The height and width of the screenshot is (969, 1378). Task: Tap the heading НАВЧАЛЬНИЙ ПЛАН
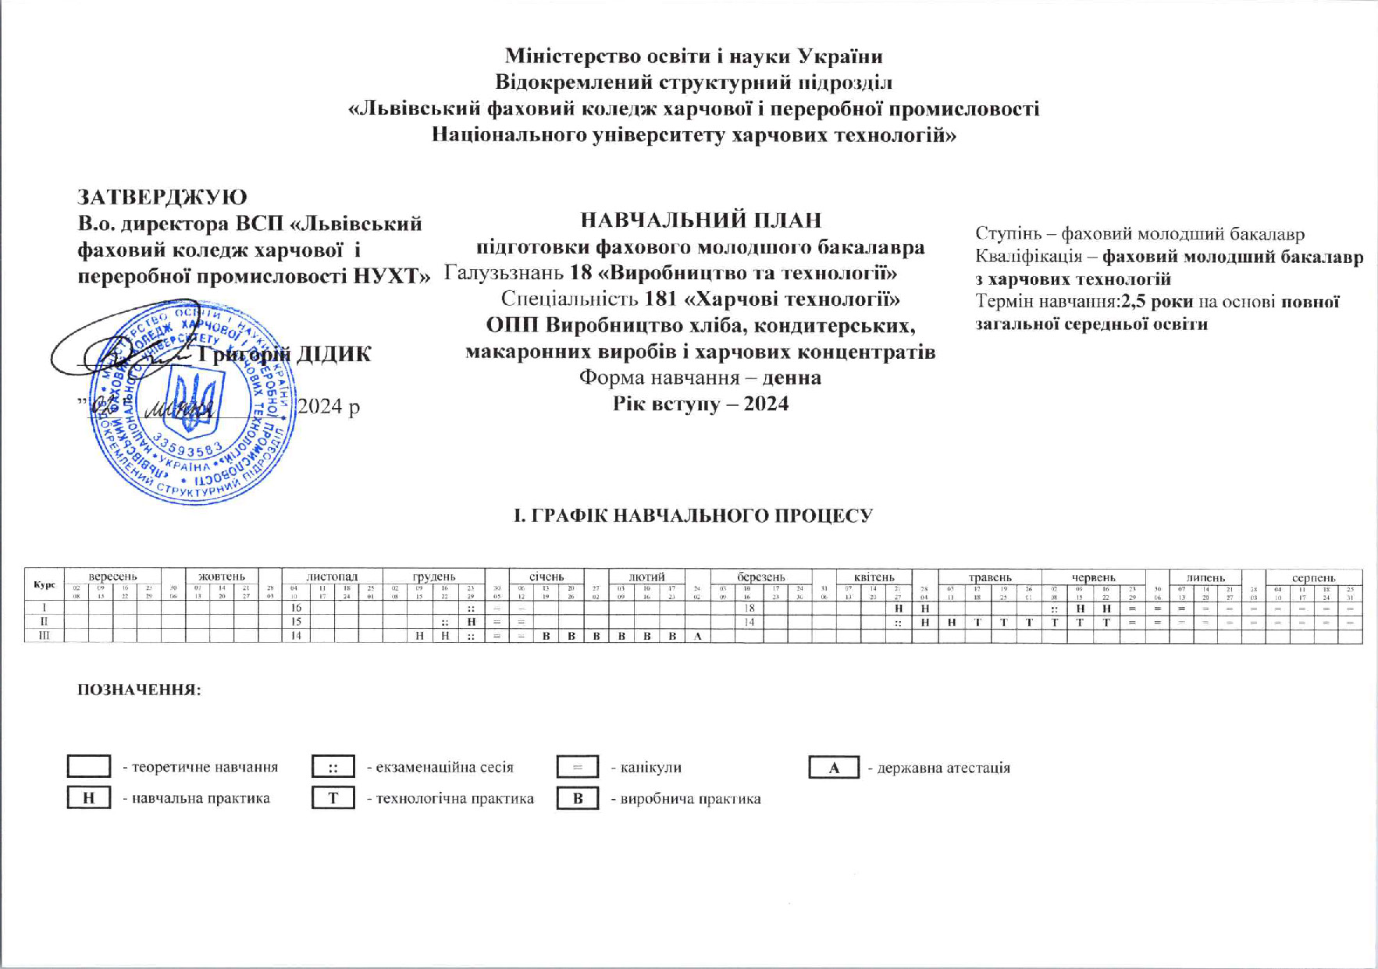[x=700, y=221]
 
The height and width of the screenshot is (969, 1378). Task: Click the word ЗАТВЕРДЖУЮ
[x=162, y=197]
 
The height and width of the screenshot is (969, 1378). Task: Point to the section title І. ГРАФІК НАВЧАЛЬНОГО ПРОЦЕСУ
[x=693, y=516]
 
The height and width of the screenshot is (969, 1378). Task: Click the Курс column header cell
[x=45, y=584]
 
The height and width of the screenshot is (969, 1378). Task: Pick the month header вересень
[x=112, y=577]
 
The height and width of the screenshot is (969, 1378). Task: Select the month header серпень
[x=1313, y=577]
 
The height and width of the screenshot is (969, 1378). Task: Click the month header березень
[x=761, y=577]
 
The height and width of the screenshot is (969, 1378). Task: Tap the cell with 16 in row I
[x=296, y=608]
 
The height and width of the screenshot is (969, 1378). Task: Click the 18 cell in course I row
[x=749, y=608]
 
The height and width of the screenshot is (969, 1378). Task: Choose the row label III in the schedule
[x=45, y=636]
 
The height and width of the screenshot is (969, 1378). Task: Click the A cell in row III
[x=698, y=636]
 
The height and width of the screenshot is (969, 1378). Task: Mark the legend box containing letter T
[x=333, y=798]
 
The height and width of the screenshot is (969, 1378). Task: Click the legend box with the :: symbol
[x=333, y=767]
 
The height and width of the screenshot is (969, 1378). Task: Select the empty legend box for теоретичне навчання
[x=88, y=766]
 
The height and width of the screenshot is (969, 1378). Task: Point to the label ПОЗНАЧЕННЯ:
[x=139, y=690]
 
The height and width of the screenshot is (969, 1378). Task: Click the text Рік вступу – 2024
[x=700, y=404]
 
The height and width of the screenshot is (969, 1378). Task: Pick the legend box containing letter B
[x=578, y=798]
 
